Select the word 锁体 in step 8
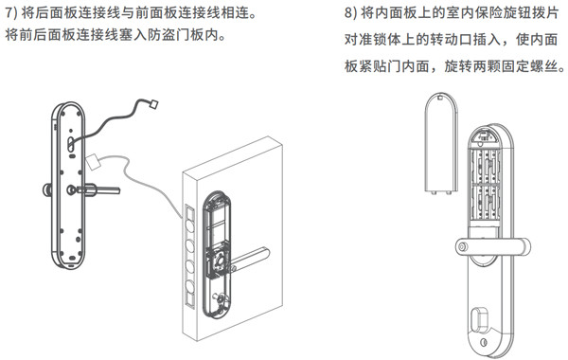[x=389, y=43]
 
